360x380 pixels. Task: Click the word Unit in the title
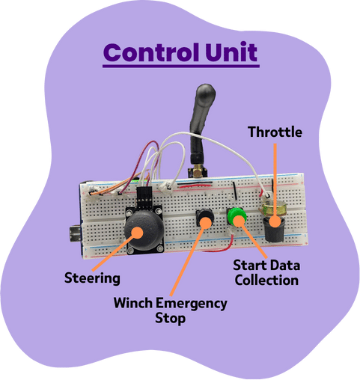coord(231,52)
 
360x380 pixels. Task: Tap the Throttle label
coord(275,132)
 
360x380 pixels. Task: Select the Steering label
coord(92,278)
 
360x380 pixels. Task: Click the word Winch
coord(133,303)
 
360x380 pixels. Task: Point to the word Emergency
coord(191,304)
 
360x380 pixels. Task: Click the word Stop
coord(170,319)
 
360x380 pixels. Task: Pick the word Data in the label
coord(286,266)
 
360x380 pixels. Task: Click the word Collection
coord(266,280)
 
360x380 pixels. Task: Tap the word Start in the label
coord(251,266)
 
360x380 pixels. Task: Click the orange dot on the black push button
coord(206,223)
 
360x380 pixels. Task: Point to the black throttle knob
coord(273,230)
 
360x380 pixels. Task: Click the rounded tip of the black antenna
coord(206,91)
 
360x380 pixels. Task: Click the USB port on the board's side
coord(75,233)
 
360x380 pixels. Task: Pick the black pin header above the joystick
coord(144,197)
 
